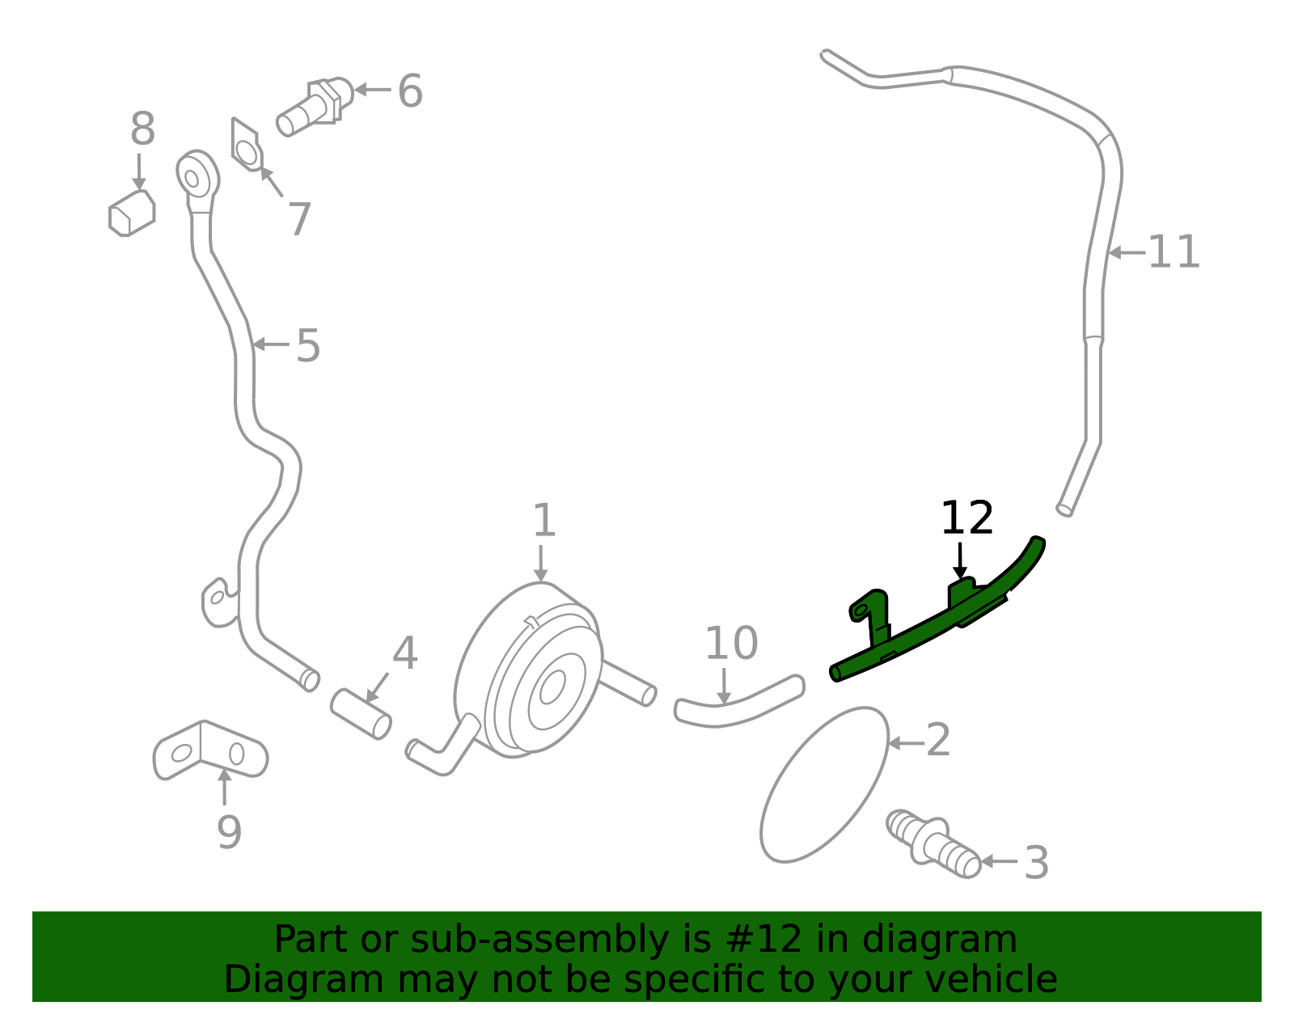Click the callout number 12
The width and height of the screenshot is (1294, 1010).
967,518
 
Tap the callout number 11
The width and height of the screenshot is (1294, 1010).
1173,252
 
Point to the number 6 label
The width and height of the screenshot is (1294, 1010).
410,91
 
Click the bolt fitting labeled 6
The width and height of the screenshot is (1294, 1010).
315,106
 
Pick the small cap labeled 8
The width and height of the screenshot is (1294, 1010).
132,213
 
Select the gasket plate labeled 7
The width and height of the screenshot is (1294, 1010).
247,146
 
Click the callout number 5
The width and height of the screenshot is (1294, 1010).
308,345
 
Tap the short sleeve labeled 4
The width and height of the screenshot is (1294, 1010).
361,714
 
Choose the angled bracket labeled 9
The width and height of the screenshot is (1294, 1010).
210,750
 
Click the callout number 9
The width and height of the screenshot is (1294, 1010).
229,832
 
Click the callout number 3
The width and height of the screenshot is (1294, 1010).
1036,862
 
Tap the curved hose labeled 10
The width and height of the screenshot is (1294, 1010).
739,703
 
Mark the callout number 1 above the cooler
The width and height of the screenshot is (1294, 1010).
544,521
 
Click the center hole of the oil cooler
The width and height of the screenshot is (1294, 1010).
552,687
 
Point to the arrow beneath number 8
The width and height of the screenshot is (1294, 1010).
139,172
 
